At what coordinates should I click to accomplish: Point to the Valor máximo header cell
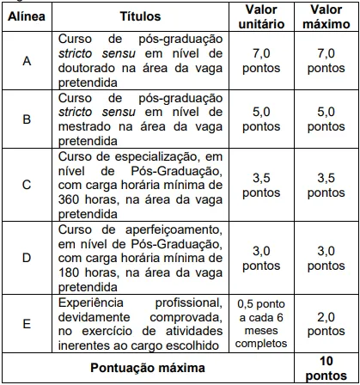[326, 16]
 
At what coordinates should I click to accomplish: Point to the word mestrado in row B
[87, 126]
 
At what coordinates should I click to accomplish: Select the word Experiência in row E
[93, 304]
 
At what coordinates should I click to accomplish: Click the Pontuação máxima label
[142, 367]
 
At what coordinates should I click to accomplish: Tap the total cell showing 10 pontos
[326, 367]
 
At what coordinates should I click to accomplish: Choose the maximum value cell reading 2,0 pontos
[326, 325]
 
